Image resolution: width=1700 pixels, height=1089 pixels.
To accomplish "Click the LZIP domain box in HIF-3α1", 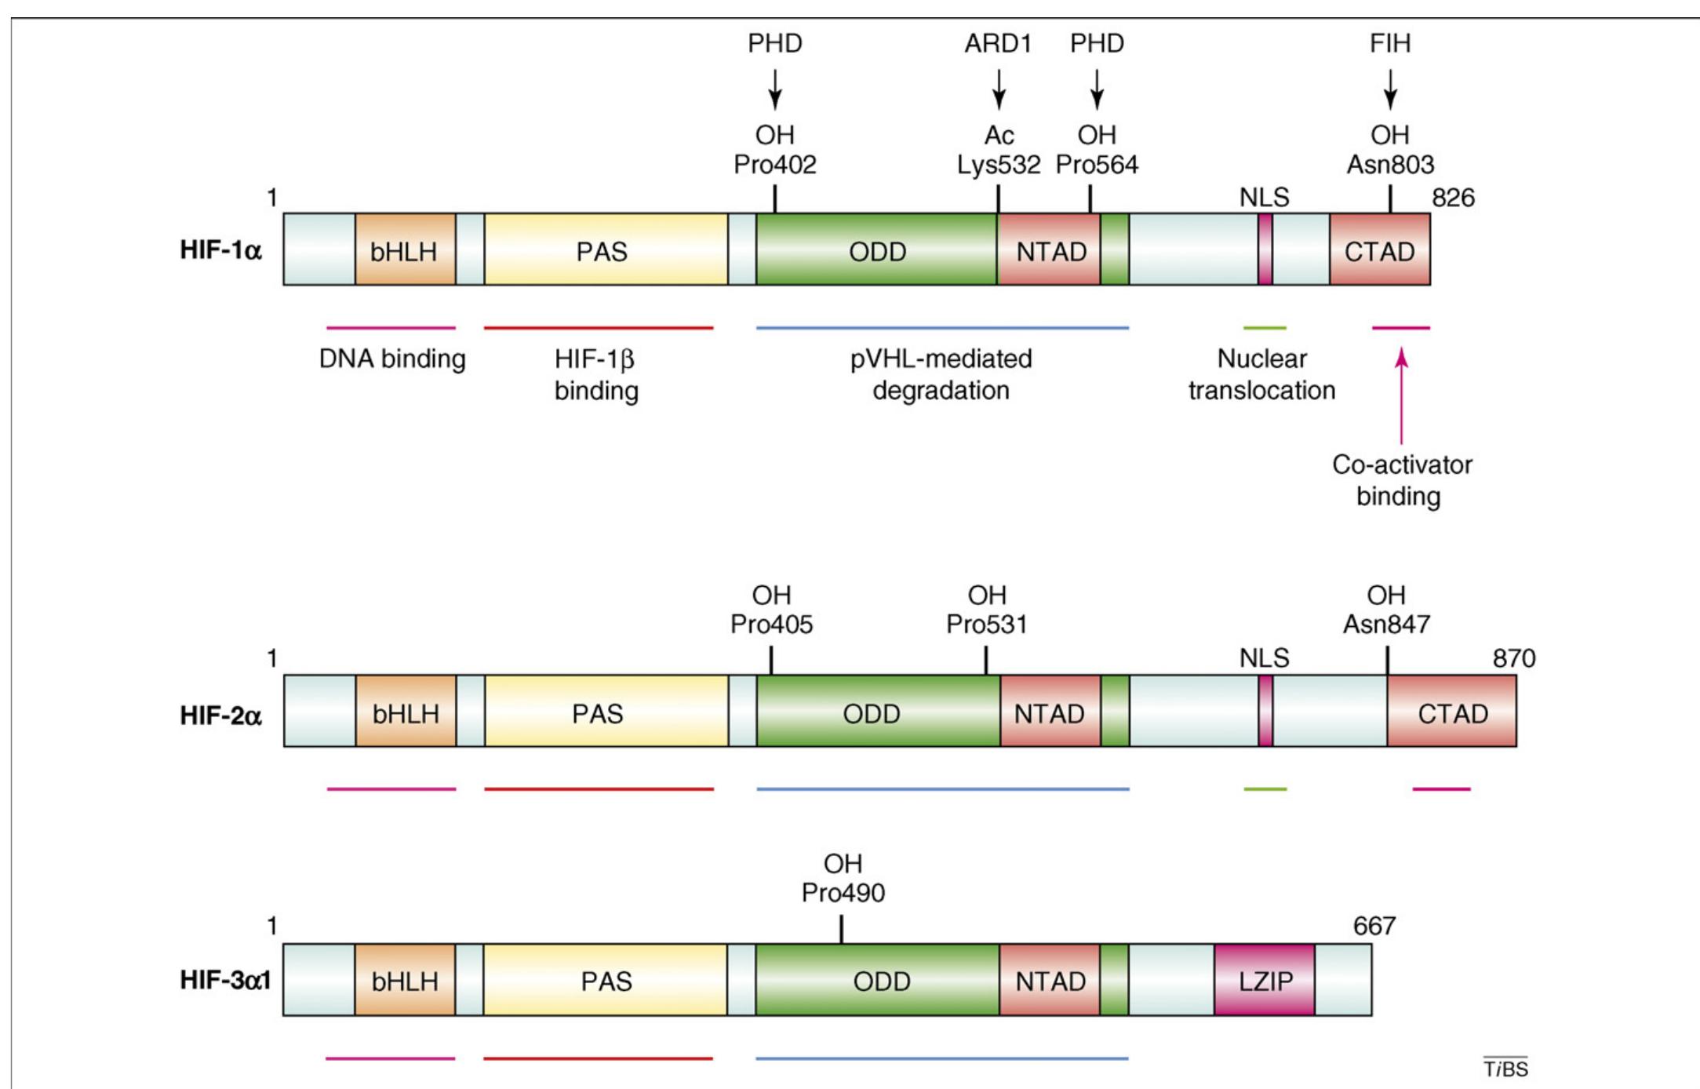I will [1264, 980].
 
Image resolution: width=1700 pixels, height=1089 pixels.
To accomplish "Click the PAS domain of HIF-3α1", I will [605, 980].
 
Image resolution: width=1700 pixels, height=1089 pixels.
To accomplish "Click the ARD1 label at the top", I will [998, 43].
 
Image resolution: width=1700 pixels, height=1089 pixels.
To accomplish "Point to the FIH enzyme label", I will [1389, 43].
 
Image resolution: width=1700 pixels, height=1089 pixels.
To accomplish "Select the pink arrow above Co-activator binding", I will [1401, 396].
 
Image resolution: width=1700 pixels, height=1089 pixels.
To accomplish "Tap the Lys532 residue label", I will [998, 165].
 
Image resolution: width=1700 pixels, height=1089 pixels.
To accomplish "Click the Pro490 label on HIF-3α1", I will [843, 892].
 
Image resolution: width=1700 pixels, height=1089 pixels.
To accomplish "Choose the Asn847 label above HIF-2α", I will [1386, 624].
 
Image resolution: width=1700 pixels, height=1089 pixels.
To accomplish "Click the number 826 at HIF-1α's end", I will [1453, 198].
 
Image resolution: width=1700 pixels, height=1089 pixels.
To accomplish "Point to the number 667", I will [1374, 926].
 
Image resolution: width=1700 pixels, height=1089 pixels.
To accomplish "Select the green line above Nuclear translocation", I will [1265, 327].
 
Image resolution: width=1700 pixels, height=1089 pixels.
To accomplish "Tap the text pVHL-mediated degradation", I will [941, 374].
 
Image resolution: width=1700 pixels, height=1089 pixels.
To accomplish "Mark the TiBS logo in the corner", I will [1505, 1068].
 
